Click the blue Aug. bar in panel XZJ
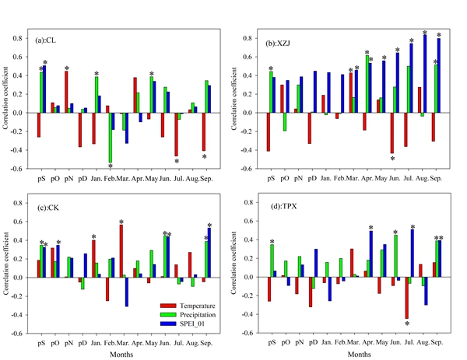[x=425, y=75]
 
